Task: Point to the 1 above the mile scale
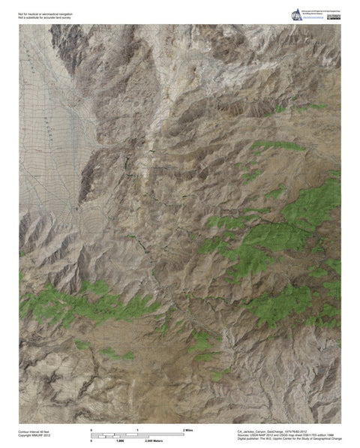(137, 428)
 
